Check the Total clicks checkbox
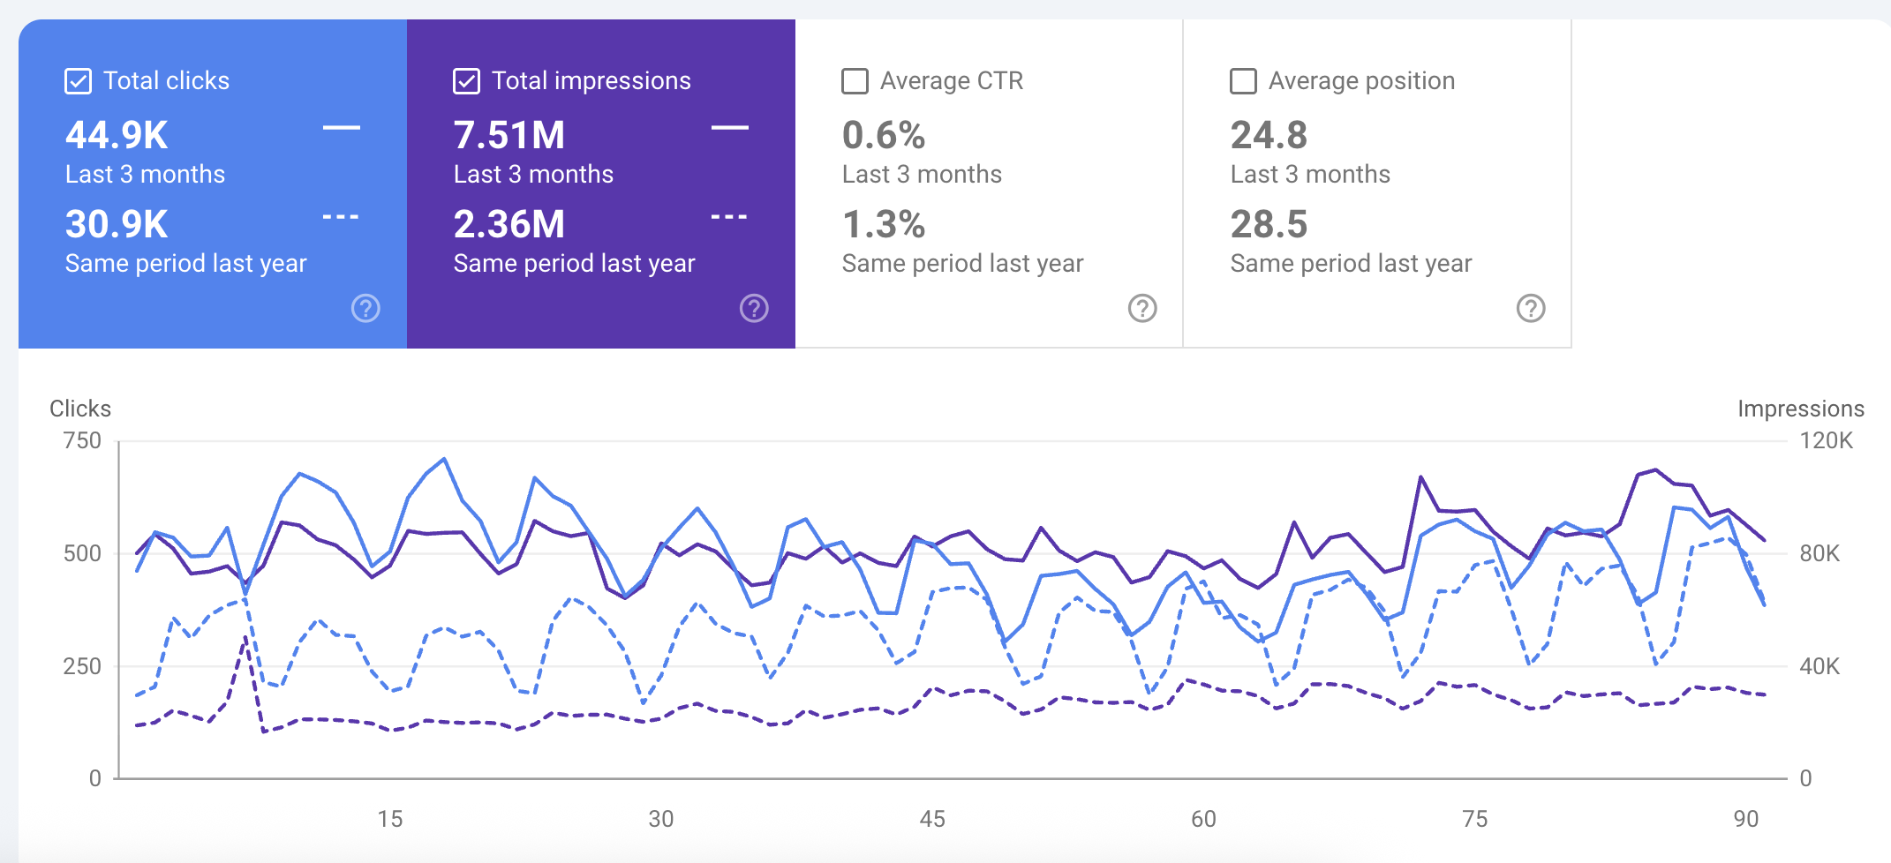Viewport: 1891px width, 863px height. point(78,81)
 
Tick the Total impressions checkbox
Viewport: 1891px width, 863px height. point(466,81)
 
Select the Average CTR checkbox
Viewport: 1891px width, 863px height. point(855,81)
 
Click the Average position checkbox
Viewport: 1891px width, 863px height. point(1243,81)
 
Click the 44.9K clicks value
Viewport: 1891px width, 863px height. point(117,136)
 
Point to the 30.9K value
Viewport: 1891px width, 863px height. point(117,224)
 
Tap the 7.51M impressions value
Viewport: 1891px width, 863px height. point(509,136)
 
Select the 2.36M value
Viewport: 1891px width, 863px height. point(509,224)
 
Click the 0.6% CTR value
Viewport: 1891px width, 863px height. point(884,136)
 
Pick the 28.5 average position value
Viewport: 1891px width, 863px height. point(1269,224)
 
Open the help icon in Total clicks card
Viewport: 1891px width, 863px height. point(365,308)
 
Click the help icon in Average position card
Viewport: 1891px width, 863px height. point(1531,308)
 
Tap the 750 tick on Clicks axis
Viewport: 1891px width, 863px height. point(82,440)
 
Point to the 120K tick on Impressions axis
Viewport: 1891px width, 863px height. point(1826,440)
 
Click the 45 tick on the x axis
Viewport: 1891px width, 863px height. point(932,819)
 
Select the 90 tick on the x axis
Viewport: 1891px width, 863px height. point(1745,819)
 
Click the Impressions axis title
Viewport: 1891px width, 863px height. point(1800,409)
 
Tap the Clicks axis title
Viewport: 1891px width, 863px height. point(80,409)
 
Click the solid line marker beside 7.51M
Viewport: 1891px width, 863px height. point(730,128)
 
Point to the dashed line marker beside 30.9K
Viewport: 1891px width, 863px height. point(341,216)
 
